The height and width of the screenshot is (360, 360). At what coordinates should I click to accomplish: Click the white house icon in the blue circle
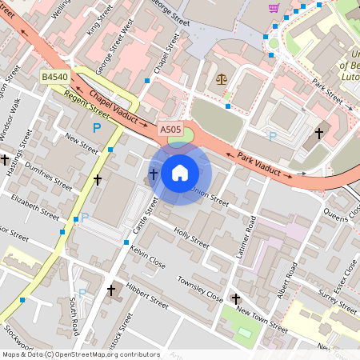pos(180,173)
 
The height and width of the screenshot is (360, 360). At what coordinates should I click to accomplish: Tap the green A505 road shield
pos(170,129)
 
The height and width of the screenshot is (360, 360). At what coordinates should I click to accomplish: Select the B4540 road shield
pos(54,77)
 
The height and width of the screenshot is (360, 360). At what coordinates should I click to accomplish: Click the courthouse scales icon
pos(222,79)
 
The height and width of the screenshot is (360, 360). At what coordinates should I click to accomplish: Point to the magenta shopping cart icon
pos(274,8)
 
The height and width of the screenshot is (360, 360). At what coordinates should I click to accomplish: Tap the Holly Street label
pos(190,238)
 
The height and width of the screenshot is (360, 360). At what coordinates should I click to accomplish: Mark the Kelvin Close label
pos(147,257)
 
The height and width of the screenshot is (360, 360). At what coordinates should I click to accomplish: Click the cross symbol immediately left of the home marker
pos(154,174)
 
